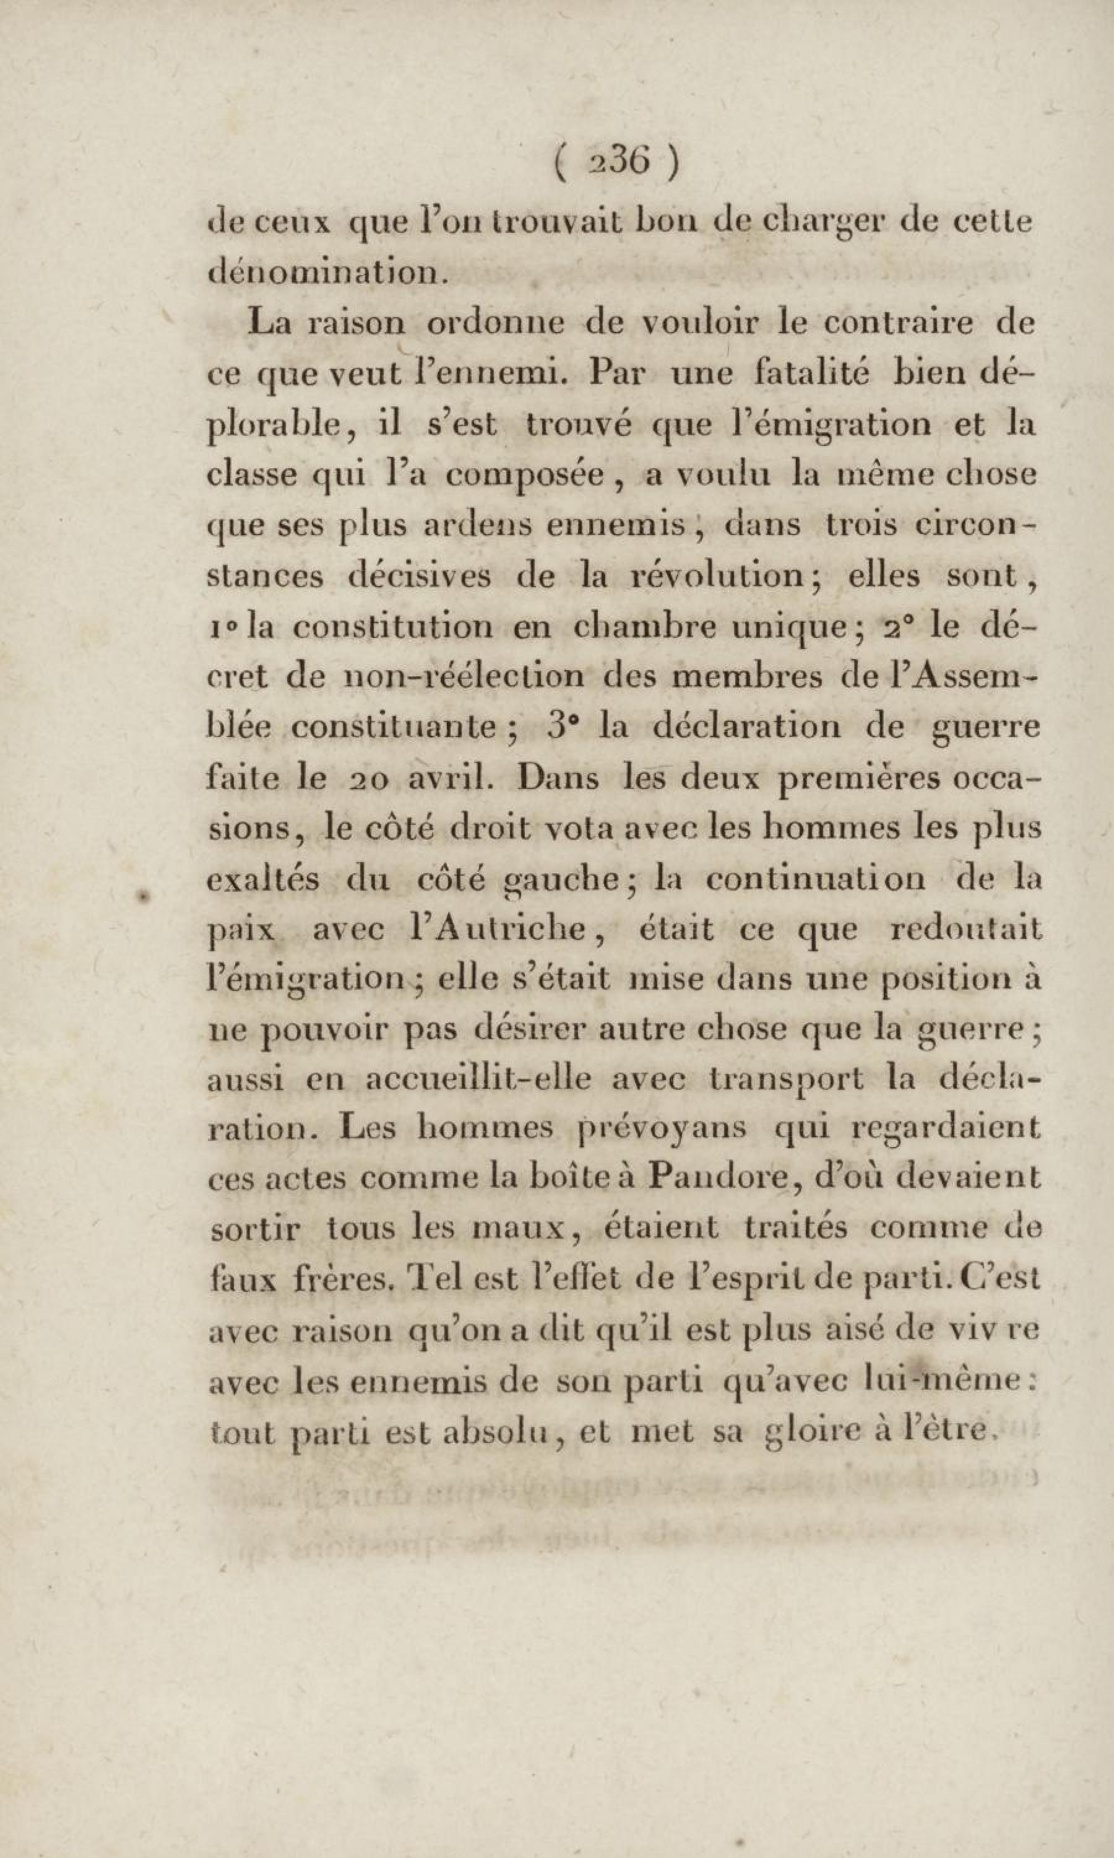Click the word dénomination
tap(327, 271)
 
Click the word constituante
tap(394, 727)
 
